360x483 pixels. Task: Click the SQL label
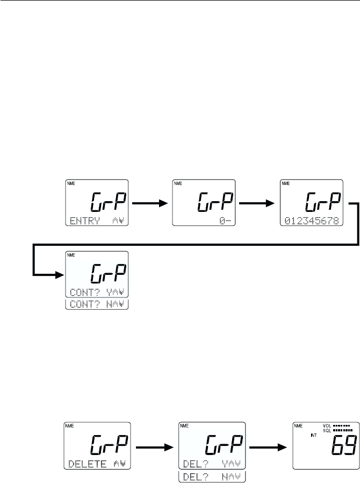point(327,431)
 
